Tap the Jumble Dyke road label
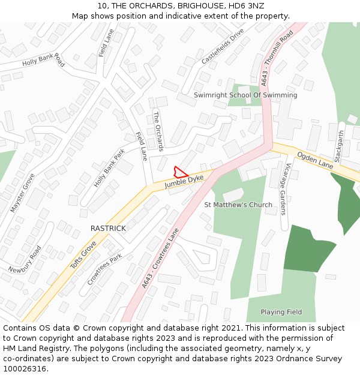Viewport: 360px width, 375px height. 184,182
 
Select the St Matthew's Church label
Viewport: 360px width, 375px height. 238,205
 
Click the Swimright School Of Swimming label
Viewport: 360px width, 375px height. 245,95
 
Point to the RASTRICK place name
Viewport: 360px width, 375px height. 108,229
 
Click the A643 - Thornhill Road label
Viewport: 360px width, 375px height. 277,57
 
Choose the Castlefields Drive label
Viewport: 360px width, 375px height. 223,46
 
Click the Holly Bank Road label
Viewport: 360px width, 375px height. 43,59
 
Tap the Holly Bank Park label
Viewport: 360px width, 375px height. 109,167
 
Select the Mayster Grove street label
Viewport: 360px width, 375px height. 22,193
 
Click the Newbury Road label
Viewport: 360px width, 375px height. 25,259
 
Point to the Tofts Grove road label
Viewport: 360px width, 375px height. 83,254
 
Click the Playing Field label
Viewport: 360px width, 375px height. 281,312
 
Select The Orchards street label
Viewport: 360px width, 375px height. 158,131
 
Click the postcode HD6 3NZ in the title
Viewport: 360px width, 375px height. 248,6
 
